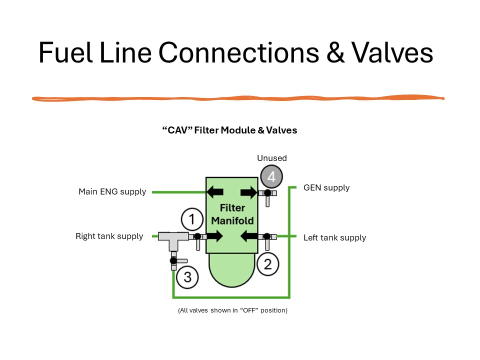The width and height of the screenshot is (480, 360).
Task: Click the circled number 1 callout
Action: click(192, 219)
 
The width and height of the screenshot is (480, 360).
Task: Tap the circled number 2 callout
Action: click(267, 264)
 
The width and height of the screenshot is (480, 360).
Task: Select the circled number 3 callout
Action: click(187, 277)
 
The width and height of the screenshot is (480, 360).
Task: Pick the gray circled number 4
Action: click(271, 176)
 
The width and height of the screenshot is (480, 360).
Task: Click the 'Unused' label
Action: click(272, 158)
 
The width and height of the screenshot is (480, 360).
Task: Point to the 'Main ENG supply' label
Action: click(112, 191)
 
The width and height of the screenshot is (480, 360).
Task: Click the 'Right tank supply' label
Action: click(109, 236)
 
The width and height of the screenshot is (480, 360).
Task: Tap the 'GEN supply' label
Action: click(326, 187)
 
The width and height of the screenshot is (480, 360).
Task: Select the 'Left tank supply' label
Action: click(334, 237)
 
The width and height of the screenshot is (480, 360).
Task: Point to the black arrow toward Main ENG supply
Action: click(215, 192)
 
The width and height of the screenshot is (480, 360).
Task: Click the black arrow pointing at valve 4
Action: click(249, 192)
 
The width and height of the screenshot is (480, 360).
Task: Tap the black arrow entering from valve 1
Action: click(214, 236)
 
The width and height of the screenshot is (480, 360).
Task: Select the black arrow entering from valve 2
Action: click(249, 236)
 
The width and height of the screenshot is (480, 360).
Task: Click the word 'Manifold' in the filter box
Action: click(232, 220)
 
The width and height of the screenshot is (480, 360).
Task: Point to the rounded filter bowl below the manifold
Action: click(231, 269)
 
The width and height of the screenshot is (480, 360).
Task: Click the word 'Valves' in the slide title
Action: click(392, 52)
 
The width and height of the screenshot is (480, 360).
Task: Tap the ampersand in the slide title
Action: click(335, 52)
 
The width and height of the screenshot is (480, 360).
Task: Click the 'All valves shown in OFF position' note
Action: click(232, 310)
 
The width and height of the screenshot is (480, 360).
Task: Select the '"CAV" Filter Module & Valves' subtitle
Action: click(229, 130)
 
